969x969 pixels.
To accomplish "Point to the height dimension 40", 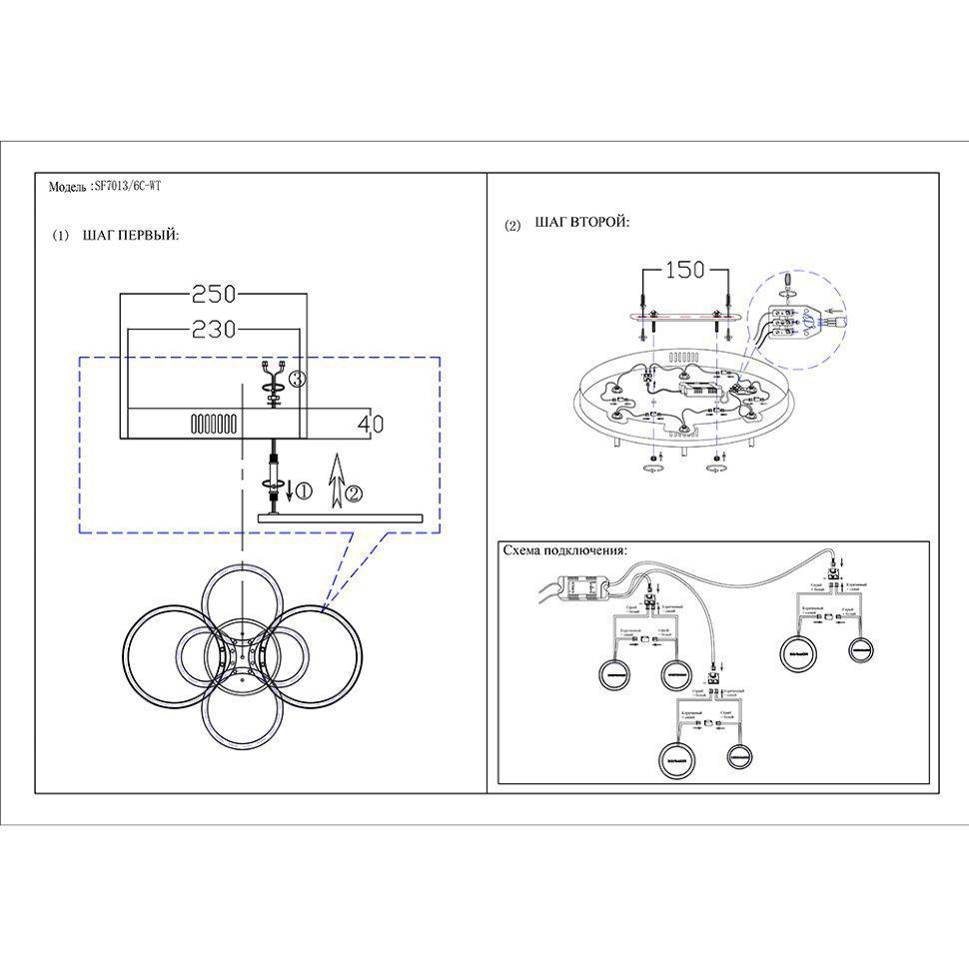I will point(370,424).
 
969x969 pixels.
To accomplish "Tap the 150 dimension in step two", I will point(685,269).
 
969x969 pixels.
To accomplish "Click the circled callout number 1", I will point(306,490).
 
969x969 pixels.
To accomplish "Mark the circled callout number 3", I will point(297,379).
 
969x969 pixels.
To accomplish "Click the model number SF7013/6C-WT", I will point(125,186).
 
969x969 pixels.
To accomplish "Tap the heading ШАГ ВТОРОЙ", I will point(581,223).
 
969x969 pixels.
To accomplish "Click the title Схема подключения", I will point(564,550).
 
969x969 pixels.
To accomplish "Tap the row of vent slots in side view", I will point(214,424).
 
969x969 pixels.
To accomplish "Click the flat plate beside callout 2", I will point(340,517).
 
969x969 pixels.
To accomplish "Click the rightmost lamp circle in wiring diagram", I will point(864,650).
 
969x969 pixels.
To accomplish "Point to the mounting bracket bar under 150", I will point(686,316).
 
